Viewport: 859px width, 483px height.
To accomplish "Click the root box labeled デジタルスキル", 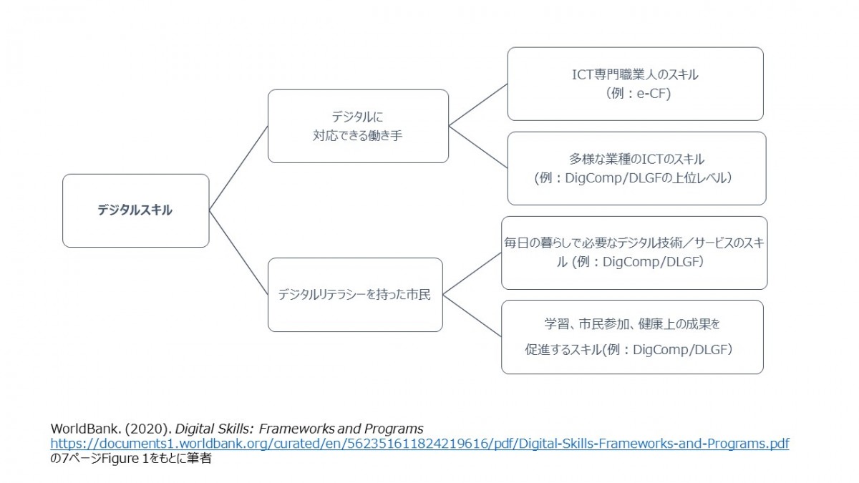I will point(135,210).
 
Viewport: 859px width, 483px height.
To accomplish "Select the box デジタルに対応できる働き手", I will point(358,126).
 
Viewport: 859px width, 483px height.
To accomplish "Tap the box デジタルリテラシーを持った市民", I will point(355,294).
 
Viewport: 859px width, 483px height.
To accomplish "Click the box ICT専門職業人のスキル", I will point(635,84).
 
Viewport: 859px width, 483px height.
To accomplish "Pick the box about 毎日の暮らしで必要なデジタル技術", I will point(634,253).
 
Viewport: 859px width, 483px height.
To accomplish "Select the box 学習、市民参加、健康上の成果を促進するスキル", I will point(632,336).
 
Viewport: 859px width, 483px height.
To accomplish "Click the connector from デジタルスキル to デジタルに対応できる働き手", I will point(238,168).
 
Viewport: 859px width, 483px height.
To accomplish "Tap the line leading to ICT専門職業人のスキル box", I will point(478,104).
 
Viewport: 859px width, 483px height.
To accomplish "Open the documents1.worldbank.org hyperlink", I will point(419,444).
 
